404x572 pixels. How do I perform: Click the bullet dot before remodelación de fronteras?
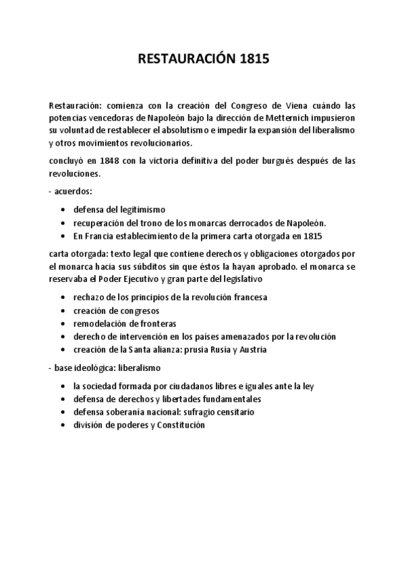click(63, 324)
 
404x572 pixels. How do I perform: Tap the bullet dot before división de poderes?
click(63, 425)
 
